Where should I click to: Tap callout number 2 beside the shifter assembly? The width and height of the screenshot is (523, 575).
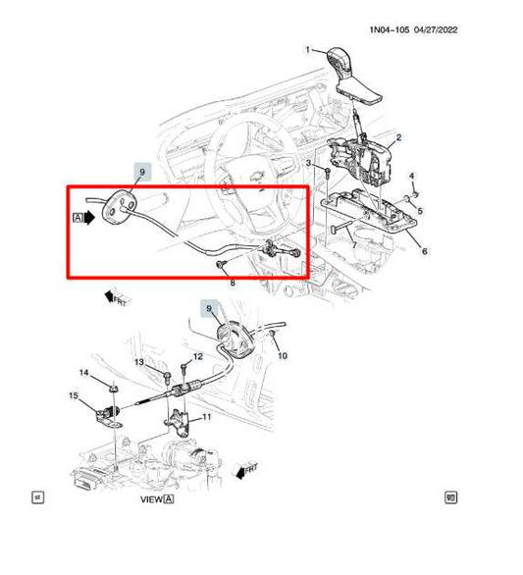398,139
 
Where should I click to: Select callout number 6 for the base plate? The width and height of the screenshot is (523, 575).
424,251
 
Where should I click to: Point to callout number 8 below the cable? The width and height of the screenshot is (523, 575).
233,283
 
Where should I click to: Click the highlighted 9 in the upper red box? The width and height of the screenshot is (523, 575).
142,174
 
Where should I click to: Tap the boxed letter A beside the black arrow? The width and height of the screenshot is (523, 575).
78,219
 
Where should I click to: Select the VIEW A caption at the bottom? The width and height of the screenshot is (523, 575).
156,499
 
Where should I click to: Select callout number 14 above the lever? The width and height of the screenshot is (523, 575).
83,373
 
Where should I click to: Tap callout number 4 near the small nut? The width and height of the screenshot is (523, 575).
412,177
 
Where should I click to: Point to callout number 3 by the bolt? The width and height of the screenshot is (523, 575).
307,162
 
